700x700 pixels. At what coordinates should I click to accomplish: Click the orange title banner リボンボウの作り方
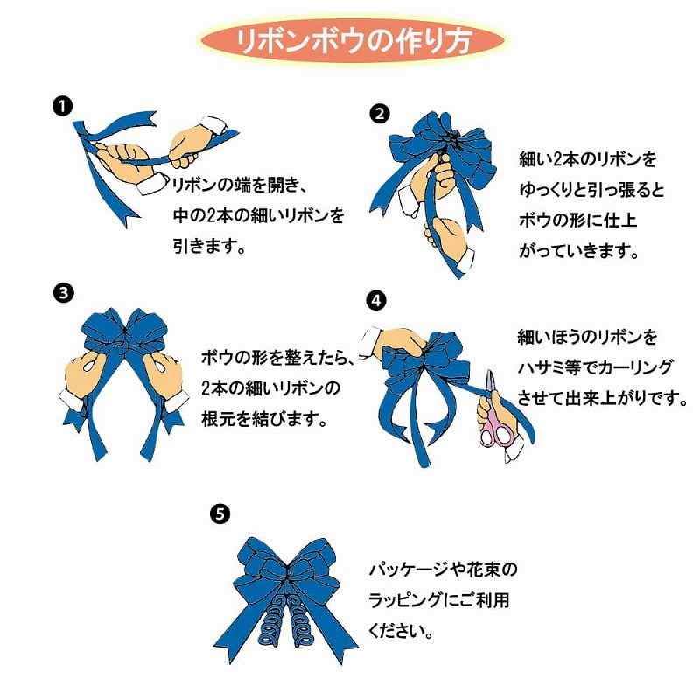(x=353, y=41)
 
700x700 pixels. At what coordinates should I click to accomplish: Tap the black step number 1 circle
(x=62, y=107)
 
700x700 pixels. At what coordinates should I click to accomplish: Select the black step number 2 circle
(x=379, y=114)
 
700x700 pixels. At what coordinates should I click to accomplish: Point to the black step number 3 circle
(x=63, y=293)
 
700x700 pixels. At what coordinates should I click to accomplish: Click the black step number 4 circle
(x=376, y=300)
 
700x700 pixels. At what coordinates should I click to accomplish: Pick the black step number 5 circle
(x=220, y=514)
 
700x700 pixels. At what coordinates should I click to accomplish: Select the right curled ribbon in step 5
(x=300, y=619)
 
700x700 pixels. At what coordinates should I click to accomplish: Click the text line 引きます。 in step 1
(x=209, y=246)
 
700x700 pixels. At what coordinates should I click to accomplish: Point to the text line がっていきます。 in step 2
(x=579, y=251)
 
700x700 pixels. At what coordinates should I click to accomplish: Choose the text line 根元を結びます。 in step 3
(x=265, y=420)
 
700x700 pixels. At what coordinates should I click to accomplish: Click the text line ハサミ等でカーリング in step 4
(x=596, y=367)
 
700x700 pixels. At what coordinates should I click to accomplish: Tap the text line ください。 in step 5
(x=401, y=631)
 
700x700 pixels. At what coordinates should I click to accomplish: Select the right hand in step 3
(x=164, y=380)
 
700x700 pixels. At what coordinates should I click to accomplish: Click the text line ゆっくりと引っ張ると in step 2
(x=592, y=190)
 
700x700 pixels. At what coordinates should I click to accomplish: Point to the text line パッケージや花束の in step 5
(x=443, y=570)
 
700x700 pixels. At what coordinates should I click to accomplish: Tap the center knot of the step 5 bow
(x=286, y=573)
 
